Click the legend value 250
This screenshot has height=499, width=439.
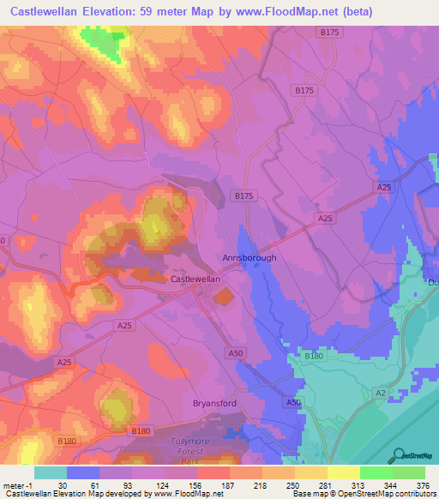coord(292,484)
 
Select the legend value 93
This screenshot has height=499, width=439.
coord(127,484)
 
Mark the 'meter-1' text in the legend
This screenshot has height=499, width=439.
coord(16,484)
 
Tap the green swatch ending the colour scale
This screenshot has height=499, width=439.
coord(408,472)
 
